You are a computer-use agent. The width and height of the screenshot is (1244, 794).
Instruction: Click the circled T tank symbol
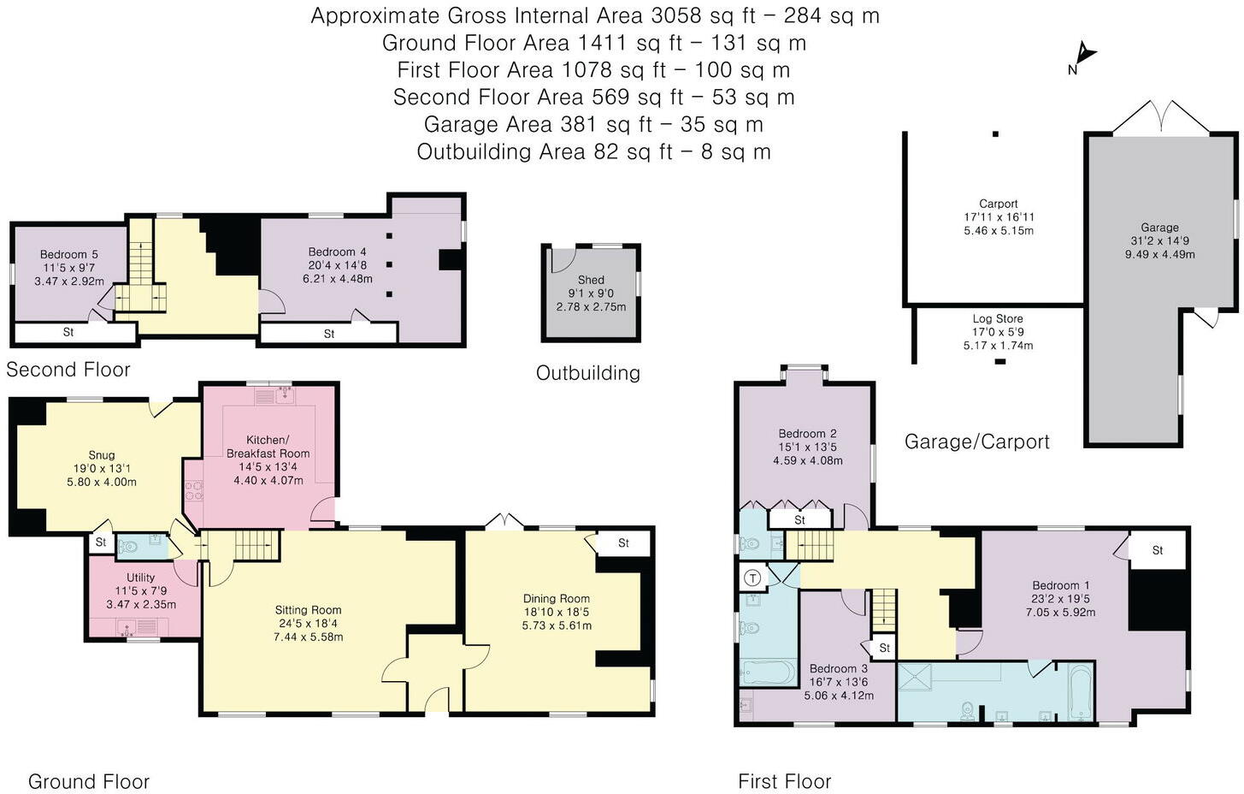click(x=753, y=578)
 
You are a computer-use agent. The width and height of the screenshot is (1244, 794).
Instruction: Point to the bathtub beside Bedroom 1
click(x=1081, y=691)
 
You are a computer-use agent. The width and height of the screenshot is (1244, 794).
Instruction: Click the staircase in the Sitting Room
click(x=257, y=544)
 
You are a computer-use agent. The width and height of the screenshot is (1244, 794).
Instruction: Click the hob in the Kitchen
click(x=193, y=490)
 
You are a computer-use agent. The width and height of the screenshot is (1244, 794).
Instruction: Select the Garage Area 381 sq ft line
click(x=593, y=124)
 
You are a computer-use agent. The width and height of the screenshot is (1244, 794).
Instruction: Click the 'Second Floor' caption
click(x=68, y=370)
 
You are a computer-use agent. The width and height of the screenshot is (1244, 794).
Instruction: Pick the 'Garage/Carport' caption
click(x=976, y=441)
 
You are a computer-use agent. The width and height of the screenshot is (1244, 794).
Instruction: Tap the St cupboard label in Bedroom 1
click(x=1158, y=550)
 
